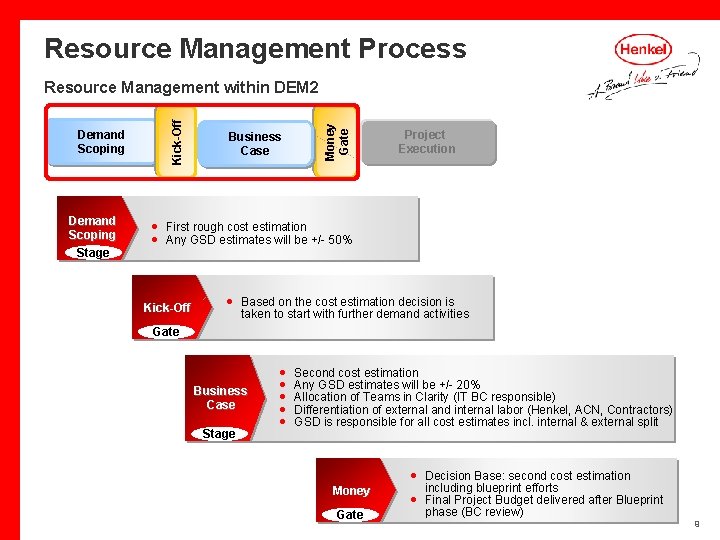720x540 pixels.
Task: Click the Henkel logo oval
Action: tap(644, 49)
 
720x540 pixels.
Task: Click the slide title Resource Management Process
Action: tap(255, 48)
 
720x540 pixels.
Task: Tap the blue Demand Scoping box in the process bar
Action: tap(101, 142)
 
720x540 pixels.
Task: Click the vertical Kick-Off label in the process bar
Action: tap(177, 141)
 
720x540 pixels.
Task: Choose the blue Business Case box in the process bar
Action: tap(254, 144)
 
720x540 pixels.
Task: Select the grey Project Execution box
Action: tap(427, 142)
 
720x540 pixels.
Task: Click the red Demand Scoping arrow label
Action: tap(92, 227)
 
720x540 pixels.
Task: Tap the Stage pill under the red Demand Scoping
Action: tap(93, 253)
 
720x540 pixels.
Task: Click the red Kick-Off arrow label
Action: tap(167, 307)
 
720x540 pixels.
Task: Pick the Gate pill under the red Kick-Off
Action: tap(166, 332)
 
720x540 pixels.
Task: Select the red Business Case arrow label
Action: tap(220, 397)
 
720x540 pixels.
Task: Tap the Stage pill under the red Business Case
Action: tap(219, 434)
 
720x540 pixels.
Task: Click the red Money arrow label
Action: tap(351, 490)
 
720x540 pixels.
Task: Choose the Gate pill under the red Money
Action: tap(350, 515)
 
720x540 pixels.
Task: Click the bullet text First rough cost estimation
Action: tap(236, 227)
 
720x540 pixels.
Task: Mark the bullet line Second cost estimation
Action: tap(356, 373)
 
